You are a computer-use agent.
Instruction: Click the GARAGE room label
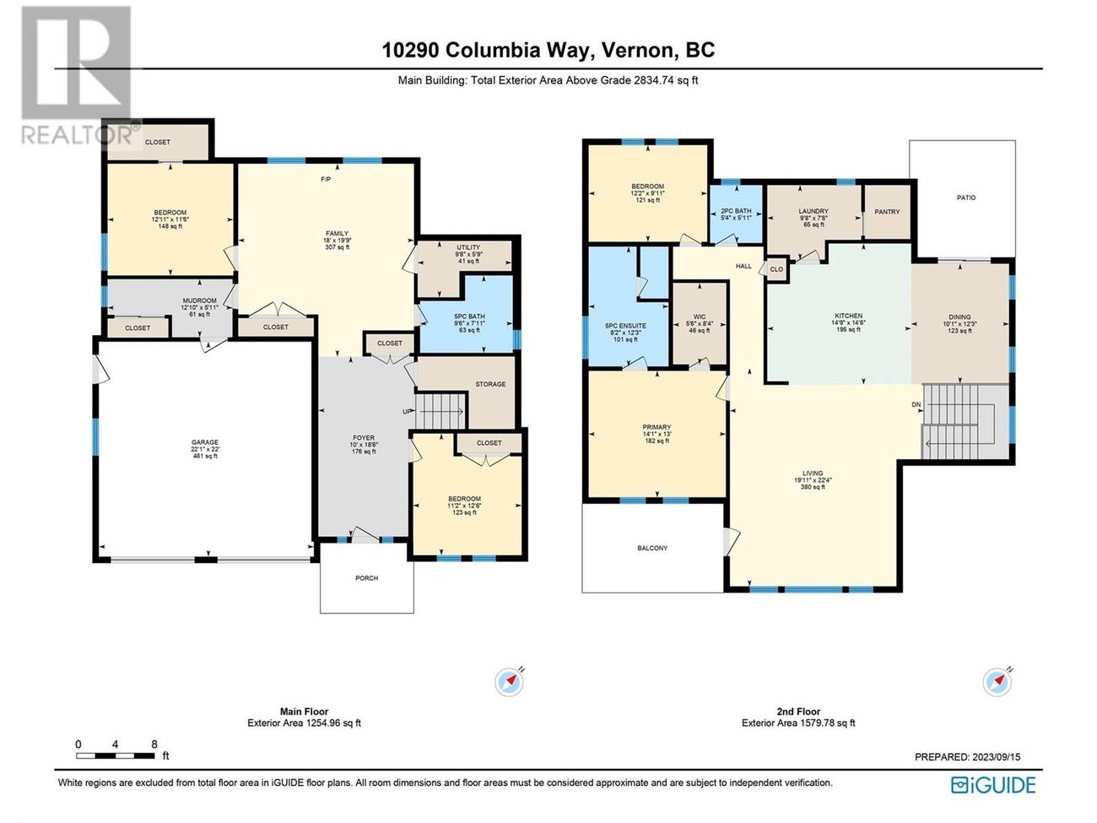point(204,442)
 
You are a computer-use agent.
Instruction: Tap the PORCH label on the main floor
point(366,578)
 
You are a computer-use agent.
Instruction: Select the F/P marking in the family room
point(326,180)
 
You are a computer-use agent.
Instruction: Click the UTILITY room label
point(467,248)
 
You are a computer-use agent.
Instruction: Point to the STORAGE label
point(490,384)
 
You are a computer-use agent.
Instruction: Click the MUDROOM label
point(199,301)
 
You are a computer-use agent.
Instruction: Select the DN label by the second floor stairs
point(916,404)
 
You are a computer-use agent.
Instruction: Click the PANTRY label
point(887,212)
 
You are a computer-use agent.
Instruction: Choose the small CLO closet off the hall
point(776,270)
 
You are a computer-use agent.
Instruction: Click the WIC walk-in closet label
point(700,317)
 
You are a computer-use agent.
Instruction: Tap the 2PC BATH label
point(736,211)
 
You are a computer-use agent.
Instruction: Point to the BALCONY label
point(652,548)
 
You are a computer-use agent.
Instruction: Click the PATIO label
point(966,198)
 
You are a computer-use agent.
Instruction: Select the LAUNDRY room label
point(813,212)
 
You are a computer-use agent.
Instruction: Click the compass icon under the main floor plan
point(509,681)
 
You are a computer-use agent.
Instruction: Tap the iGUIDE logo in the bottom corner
point(993,785)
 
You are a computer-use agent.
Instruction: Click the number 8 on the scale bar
point(154,744)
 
